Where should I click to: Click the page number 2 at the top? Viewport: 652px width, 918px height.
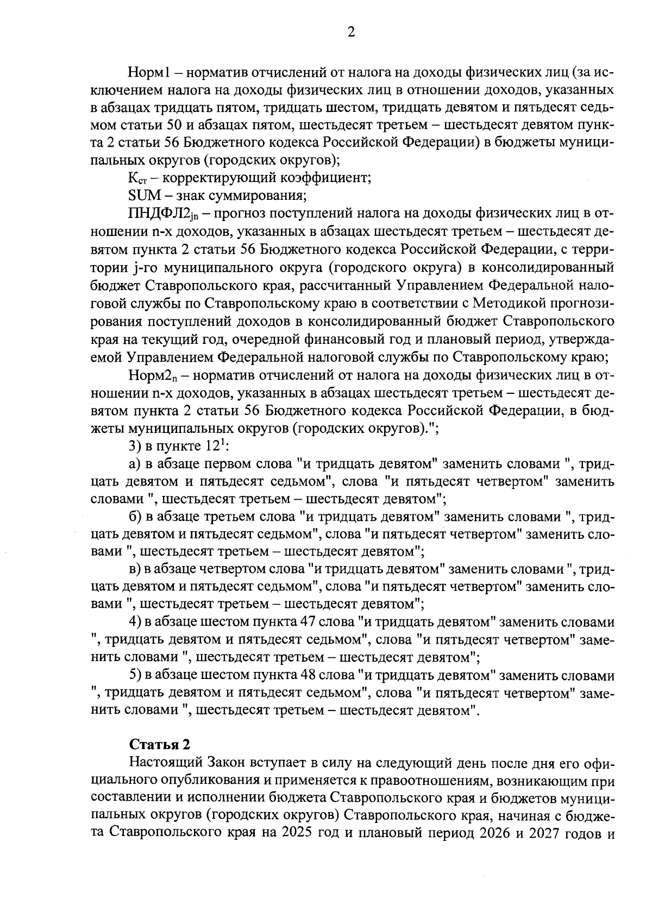point(351,32)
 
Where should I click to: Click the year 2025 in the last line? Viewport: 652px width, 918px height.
point(293,850)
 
